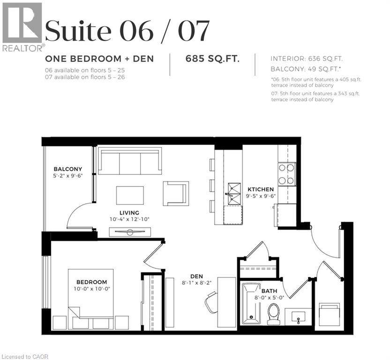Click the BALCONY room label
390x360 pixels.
coord(68,169)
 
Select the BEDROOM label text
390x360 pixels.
coord(92,282)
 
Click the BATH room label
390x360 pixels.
coord(269,291)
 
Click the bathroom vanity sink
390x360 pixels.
coord(298,317)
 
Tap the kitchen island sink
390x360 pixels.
coord(233,194)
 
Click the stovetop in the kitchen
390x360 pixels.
coord(286,174)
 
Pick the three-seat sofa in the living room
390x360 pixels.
coord(129,162)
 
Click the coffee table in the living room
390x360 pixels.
coord(130,195)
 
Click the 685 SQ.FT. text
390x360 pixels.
coord(213,59)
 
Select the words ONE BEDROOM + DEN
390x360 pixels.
coord(99,59)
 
